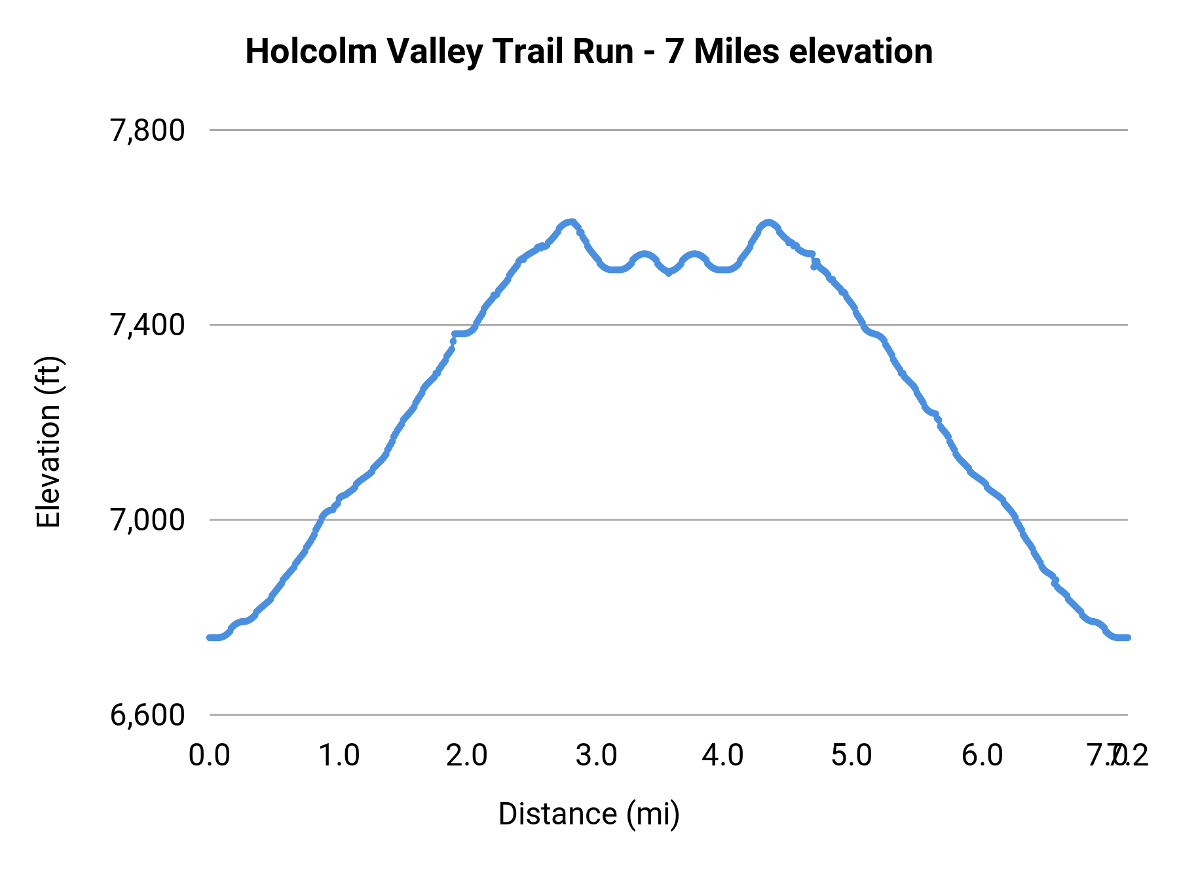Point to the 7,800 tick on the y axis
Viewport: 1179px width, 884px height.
[147, 130]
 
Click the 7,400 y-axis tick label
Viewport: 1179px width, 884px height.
[147, 325]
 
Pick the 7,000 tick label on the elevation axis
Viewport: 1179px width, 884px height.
[147, 520]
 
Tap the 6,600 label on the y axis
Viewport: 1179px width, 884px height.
[147, 715]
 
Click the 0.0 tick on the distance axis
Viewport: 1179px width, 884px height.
[210, 756]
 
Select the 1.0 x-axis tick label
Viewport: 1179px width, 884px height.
[339, 756]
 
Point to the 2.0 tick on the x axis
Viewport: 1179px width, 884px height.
[467, 756]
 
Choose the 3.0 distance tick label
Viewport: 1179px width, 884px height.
[596, 756]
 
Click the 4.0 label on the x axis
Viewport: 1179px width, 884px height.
[723, 756]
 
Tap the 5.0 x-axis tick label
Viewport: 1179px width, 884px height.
[851, 756]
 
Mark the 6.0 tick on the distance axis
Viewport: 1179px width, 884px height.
[982, 756]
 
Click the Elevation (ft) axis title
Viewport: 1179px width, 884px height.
[48, 442]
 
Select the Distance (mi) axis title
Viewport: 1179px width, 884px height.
[589, 814]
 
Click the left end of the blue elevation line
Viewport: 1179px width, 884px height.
[210, 637]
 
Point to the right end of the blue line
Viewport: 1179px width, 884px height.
[1128, 637]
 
